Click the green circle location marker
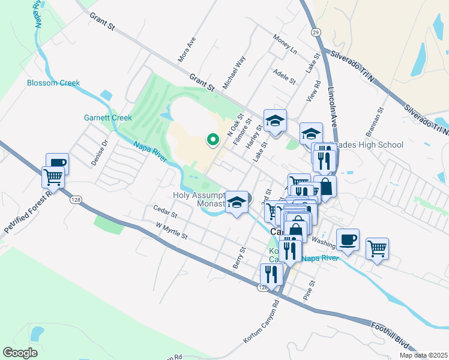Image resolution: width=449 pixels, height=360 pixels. pos(212,140)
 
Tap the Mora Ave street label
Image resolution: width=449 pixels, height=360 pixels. pos(187,50)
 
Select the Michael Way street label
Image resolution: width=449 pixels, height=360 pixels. pos(235,73)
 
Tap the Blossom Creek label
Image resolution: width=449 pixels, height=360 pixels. pos(53,83)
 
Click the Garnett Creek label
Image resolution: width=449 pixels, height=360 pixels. pos(107,118)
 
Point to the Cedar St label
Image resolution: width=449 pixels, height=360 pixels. pos(165,213)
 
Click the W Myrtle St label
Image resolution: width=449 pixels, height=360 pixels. pos(172,231)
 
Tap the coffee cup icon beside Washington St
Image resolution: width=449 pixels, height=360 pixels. pos(348,240)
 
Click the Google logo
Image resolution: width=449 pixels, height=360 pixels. pos(20,352)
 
